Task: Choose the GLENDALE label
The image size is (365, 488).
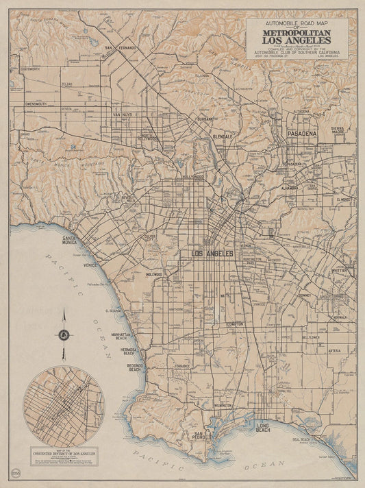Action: pyautogui.click(x=223, y=137)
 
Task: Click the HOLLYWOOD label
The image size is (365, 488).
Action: pyautogui.click(x=194, y=177)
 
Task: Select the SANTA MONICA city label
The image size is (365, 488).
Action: pyautogui.click(x=71, y=241)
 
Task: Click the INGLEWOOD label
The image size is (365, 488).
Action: pyautogui.click(x=153, y=274)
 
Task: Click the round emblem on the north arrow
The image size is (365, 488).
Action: pyautogui.click(x=64, y=335)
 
